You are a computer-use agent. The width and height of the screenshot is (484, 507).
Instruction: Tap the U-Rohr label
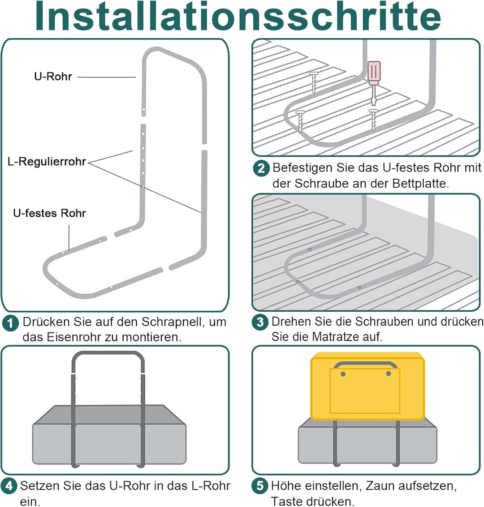point(53,77)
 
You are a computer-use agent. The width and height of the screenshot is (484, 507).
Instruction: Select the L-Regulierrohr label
point(47,162)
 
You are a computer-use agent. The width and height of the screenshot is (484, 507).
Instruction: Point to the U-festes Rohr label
point(49,213)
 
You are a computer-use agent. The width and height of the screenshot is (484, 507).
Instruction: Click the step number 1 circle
point(10,323)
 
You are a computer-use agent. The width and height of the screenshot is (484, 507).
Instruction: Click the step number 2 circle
point(261,169)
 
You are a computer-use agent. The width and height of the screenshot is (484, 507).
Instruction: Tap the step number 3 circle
point(260,323)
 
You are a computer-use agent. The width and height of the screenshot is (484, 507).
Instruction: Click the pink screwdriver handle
point(374,73)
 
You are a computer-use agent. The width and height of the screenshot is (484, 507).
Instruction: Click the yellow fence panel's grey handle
point(365,364)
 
